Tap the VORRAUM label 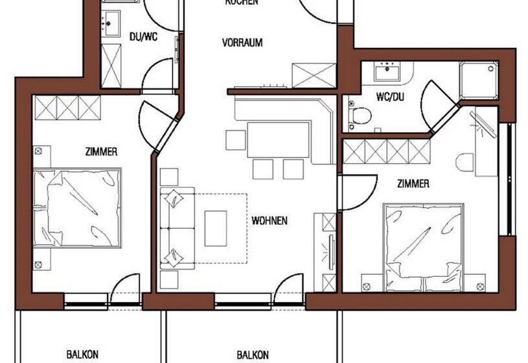click(x=242, y=43)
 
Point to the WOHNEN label click(x=270, y=220)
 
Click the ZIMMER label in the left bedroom click(x=101, y=152)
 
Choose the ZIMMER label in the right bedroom click(x=413, y=184)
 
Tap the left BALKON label click(x=82, y=355)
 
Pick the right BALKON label click(x=253, y=355)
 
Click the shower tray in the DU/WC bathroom click(x=111, y=67)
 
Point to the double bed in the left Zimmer click(x=78, y=207)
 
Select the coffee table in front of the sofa click(x=216, y=228)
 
